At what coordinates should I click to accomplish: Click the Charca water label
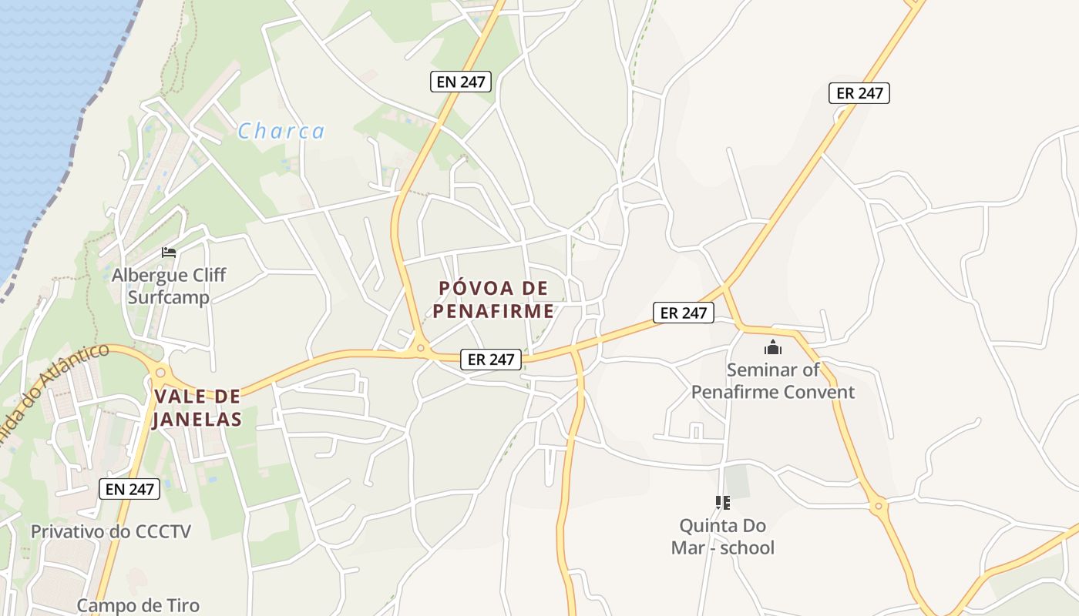click(281, 132)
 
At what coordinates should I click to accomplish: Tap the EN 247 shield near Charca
click(461, 82)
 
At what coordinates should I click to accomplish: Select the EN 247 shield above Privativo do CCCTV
click(129, 488)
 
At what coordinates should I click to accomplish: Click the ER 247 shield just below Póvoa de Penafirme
click(491, 359)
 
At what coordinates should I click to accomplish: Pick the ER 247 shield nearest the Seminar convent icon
click(684, 313)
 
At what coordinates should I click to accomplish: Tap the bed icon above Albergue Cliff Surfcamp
click(169, 252)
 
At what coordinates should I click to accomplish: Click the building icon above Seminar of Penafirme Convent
click(773, 347)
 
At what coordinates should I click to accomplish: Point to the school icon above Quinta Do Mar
click(722, 503)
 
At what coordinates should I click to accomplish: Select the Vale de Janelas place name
click(197, 408)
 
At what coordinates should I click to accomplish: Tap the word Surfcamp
click(169, 297)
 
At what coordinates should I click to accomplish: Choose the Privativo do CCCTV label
click(110, 531)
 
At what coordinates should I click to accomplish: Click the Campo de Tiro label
click(138, 605)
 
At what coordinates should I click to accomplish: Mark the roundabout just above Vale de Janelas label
click(160, 373)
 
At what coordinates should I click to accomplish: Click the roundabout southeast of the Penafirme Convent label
click(878, 506)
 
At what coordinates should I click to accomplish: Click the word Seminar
click(762, 370)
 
